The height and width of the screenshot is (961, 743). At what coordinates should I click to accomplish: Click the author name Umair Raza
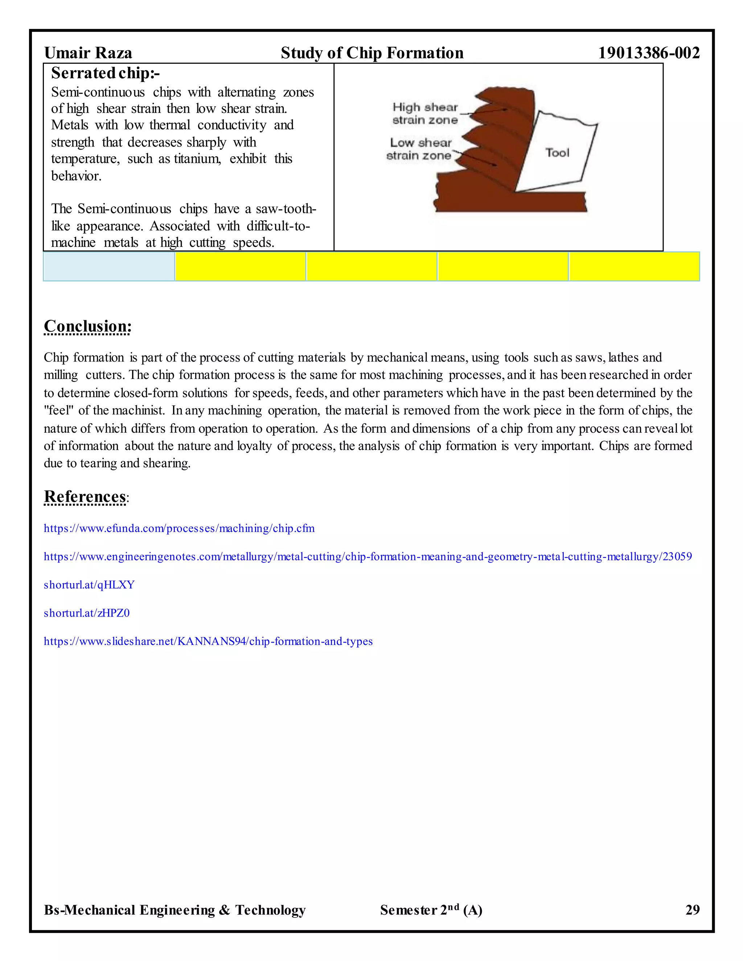[x=88, y=53]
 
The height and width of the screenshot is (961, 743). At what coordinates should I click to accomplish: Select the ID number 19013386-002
[x=648, y=53]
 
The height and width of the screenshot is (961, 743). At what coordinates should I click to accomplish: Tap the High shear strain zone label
[x=425, y=114]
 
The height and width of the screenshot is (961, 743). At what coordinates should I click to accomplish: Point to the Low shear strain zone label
[x=419, y=149]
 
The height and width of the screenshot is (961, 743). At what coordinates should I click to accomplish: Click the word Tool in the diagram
[x=557, y=153]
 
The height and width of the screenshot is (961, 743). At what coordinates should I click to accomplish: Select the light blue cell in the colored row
[x=109, y=266]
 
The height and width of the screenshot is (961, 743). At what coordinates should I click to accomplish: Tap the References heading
[x=85, y=496]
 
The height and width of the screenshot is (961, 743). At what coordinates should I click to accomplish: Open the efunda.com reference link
[x=179, y=528]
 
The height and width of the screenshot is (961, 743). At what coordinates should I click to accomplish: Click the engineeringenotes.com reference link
[x=368, y=557]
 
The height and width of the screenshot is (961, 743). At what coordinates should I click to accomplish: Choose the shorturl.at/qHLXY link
[x=89, y=585]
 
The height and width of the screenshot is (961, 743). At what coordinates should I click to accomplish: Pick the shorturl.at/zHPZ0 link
[x=86, y=613]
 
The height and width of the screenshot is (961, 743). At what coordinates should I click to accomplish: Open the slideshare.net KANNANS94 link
[x=208, y=641]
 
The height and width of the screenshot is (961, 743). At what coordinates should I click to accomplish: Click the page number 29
[x=692, y=910]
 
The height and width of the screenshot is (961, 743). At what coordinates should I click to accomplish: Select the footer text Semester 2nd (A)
[x=431, y=910]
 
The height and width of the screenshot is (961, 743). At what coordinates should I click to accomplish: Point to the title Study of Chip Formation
[x=372, y=53]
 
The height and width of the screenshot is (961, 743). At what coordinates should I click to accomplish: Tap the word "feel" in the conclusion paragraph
[x=59, y=411]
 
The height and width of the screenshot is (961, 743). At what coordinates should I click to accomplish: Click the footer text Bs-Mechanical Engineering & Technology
[x=175, y=910]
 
